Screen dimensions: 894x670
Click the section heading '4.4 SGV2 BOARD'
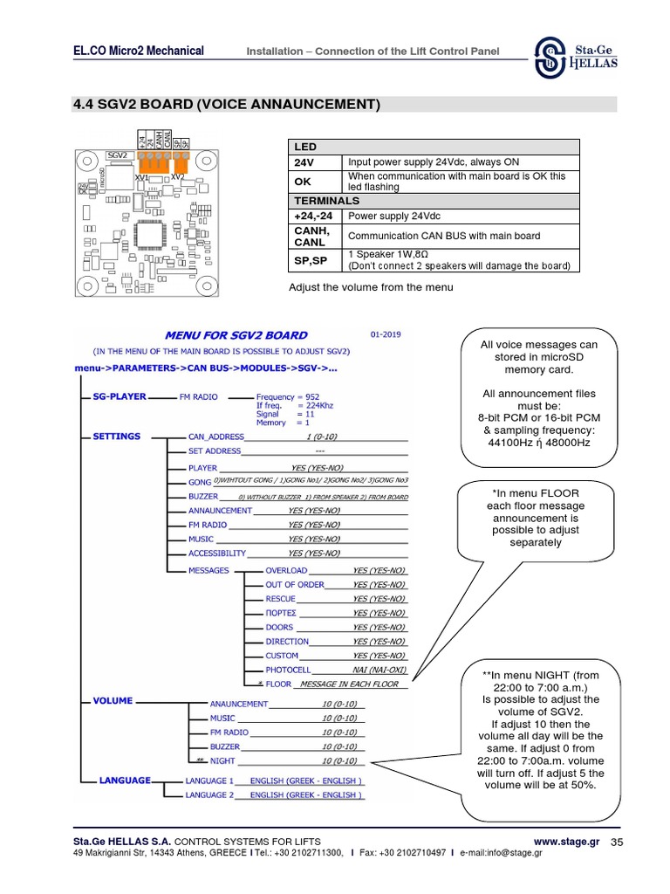point(228,105)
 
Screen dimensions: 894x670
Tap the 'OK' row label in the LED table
point(303,181)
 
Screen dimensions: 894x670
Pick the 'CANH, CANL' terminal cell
point(312,236)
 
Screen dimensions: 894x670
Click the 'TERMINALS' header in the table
point(326,201)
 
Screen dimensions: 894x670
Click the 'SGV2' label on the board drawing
point(117,155)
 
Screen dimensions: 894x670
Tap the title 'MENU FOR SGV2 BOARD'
point(236,334)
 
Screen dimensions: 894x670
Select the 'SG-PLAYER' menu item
point(120,396)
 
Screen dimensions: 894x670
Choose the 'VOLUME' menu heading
point(113,700)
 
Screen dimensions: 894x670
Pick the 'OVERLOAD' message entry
point(286,570)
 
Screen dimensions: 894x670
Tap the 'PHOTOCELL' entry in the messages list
point(289,670)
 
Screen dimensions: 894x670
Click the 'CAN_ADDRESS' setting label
point(215,437)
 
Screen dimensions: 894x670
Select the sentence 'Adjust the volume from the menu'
point(371,287)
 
